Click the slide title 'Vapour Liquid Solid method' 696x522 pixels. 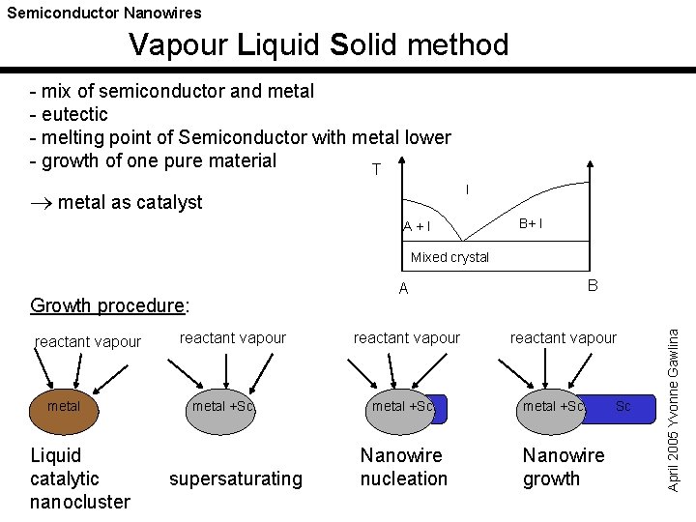click(318, 44)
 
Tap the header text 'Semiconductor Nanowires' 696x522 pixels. click(104, 13)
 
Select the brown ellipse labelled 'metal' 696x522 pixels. click(64, 407)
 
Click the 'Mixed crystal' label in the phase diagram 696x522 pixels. click(449, 257)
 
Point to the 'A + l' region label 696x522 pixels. click(417, 226)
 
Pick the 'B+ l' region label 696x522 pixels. click(530, 224)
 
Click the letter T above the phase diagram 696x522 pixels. click(375, 170)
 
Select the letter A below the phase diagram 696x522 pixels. click(403, 288)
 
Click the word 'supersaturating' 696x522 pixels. click(236, 478)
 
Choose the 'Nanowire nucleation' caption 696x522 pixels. click(403, 467)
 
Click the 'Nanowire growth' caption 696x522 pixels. click(563, 467)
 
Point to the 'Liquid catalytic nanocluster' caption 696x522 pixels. click(79, 478)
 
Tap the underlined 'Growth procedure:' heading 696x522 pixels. click(110, 305)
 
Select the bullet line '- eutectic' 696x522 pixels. click(69, 114)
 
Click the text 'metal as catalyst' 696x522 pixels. click(129, 201)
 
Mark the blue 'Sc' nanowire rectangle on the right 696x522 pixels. click(620, 407)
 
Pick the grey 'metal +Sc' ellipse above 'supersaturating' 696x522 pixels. click(221, 407)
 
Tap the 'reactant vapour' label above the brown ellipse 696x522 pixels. click(87, 341)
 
